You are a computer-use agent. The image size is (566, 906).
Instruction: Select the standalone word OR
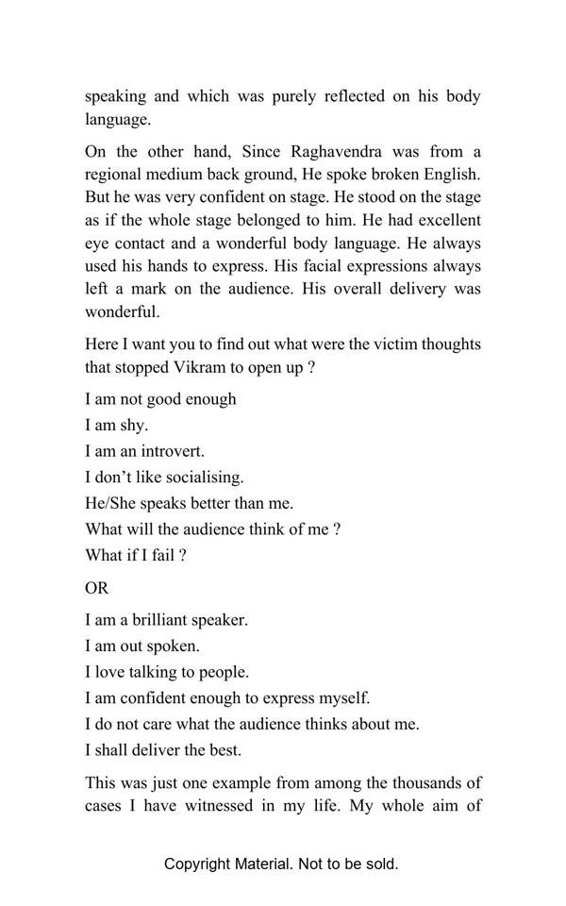pos(97,588)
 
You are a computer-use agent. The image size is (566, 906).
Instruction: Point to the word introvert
pos(171,451)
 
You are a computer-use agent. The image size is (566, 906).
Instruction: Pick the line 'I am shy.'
pos(117,425)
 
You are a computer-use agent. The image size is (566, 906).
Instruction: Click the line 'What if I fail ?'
pos(136,555)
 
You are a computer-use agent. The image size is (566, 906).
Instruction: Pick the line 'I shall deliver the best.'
pos(163,750)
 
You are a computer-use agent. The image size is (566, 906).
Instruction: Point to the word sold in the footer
pos(380,864)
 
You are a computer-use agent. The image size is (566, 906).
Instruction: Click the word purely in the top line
pos(291,96)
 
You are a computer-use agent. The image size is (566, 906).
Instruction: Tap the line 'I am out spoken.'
pos(142,646)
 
